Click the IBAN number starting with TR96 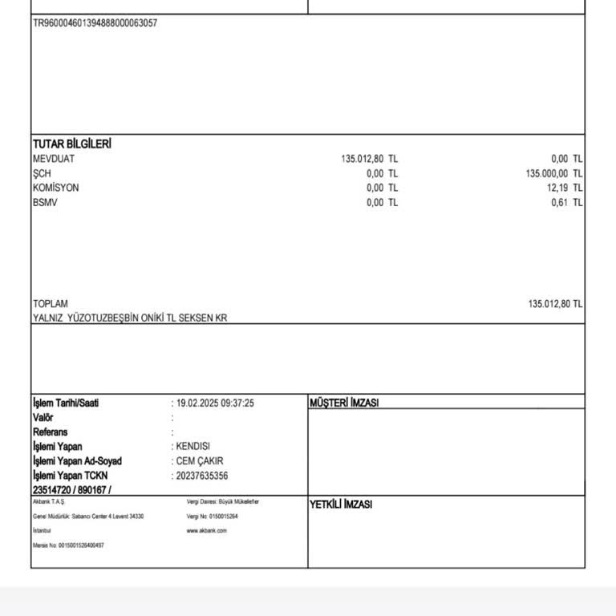tap(95, 23)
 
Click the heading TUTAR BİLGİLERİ tap(71, 144)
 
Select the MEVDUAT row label tap(54, 159)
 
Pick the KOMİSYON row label tap(56, 188)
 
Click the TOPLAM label tap(51, 304)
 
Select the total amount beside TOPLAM tap(555, 304)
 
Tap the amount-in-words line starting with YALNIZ tap(130, 318)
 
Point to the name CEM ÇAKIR tap(200, 461)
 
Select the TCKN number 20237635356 tap(202, 476)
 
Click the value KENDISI tap(193, 447)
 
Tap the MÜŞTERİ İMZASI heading tap(344, 403)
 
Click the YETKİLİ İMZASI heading tap(341, 505)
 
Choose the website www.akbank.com tap(207, 531)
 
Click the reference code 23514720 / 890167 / tap(72, 490)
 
